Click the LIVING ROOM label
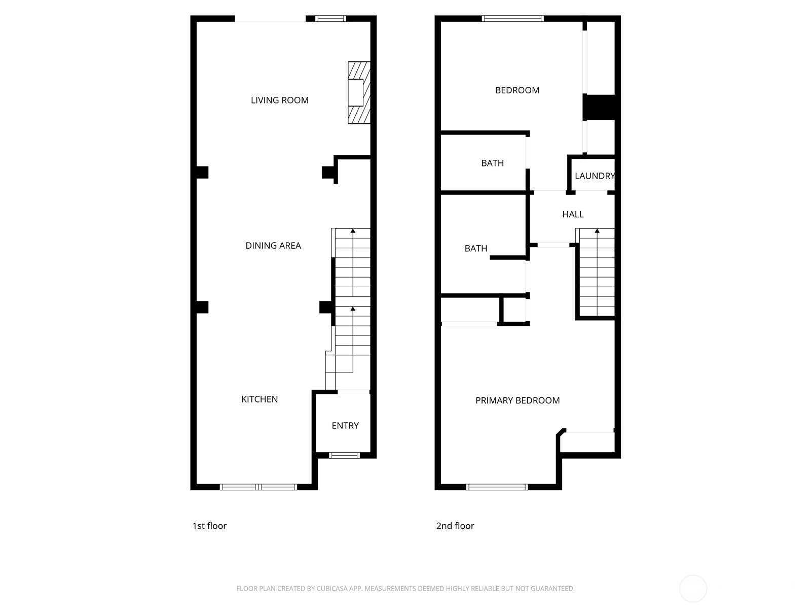[x=279, y=100]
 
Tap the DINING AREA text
[x=273, y=246]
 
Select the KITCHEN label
[x=260, y=399]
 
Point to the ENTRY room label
[x=345, y=426]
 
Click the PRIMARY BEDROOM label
[x=518, y=400]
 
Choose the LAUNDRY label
[x=595, y=176]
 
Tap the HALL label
[x=573, y=215]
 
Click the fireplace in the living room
[x=359, y=92]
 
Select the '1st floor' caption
[x=209, y=526]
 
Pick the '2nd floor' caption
[x=455, y=526]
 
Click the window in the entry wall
[x=344, y=456]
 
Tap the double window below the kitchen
[x=259, y=487]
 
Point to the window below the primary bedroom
[x=497, y=487]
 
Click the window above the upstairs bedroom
[x=512, y=18]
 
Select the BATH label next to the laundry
[x=492, y=163]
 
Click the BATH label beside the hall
[x=476, y=249]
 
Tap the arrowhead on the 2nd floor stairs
[x=597, y=231]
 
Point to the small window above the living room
[x=330, y=18]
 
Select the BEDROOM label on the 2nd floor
[x=517, y=90]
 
